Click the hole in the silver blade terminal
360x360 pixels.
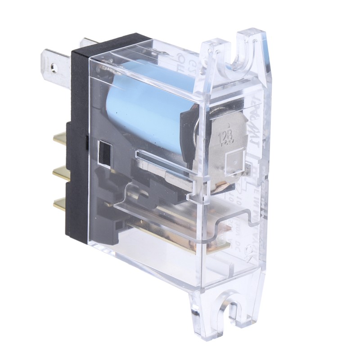pyautogui.click(x=54, y=67)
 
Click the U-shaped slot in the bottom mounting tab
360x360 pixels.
pyautogui.click(x=235, y=310)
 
